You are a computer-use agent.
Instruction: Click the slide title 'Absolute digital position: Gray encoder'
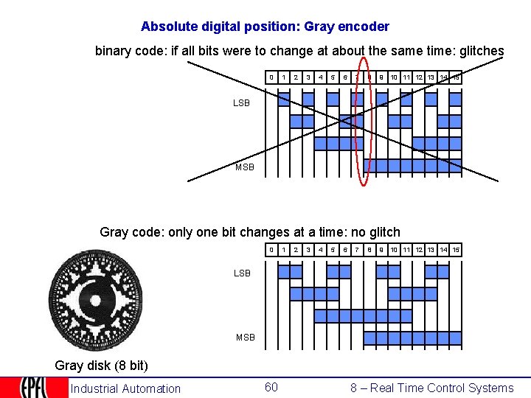coord(265,27)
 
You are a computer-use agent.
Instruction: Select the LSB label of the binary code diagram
coord(242,103)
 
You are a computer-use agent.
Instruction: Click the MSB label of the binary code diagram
coord(245,167)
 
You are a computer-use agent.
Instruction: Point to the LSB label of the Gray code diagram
coord(242,273)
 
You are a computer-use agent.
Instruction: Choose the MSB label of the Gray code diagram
coord(245,338)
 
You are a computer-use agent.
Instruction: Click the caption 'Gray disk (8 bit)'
coord(96,366)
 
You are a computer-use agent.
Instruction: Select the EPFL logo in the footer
coord(33,388)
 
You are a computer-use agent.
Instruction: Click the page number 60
coord(271,388)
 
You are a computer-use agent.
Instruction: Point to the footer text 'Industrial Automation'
coord(125,388)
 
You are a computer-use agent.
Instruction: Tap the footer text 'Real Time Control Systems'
coord(442,388)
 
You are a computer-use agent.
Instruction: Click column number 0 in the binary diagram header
coord(271,77)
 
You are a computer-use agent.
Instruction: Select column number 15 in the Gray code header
coord(456,251)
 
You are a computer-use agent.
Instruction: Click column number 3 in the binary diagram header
coord(308,77)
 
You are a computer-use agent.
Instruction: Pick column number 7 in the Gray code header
coord(357,251)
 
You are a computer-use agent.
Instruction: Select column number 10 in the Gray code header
coord(394,251)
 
